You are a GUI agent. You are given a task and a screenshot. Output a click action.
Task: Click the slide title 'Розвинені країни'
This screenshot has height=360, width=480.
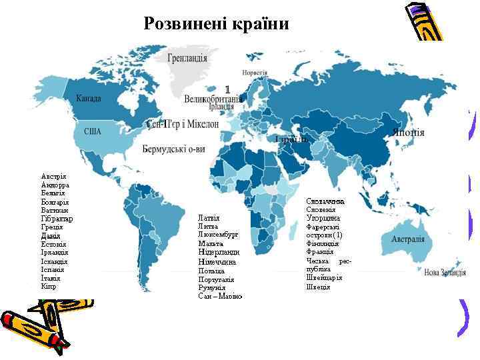pyautogui.click(x=217, y=25)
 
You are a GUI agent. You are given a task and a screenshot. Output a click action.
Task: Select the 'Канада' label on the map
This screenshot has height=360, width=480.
pyautogui.click(x=89, y=99)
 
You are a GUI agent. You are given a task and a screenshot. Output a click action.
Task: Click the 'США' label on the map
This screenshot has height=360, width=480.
pyautogui.click(x=92, y=131)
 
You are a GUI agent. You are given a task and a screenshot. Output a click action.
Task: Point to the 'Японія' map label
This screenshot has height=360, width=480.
pyautogui.click(x=409, y=132)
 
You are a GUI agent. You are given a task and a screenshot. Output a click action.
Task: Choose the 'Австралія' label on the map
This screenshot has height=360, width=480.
pyautogui.click(x=407, y=239)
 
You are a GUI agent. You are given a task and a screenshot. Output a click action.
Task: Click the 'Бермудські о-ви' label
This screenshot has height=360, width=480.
pyautogui.click(x=174, y=150)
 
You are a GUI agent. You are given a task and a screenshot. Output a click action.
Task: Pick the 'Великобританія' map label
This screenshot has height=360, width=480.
pyautogui.click(x=213, y=99)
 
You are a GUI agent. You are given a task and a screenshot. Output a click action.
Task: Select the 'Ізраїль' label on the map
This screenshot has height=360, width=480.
pyautogui.click(x=290, y=139)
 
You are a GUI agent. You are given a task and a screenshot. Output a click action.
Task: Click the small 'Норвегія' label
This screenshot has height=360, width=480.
pyautogui.click(x=255, y=72)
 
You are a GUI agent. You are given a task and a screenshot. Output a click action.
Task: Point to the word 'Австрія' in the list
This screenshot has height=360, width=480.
pyautogui.click(x=53, y=176)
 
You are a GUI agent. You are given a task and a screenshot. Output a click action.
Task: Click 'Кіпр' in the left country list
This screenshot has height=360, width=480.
pyautogui.click(x=48, y=287)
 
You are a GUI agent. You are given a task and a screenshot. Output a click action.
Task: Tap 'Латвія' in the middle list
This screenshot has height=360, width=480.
pyautogui.click(x=209, y=218)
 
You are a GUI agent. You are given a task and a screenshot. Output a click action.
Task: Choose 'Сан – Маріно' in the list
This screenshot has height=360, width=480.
pyautogui.click(x=220, y=296)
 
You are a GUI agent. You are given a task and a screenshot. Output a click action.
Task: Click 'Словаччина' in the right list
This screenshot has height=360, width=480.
pyautogui.click(x=325, y=201)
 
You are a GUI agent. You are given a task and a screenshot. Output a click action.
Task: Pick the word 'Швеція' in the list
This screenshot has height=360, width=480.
pyautogui.click(x=318, y=287)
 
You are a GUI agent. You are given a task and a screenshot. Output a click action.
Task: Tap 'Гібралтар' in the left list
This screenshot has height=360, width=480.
pyautogui.click(x=57, y=219)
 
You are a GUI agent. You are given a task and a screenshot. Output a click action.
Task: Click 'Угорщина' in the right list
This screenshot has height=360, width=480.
pyautogui.click(x=323, y=218)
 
